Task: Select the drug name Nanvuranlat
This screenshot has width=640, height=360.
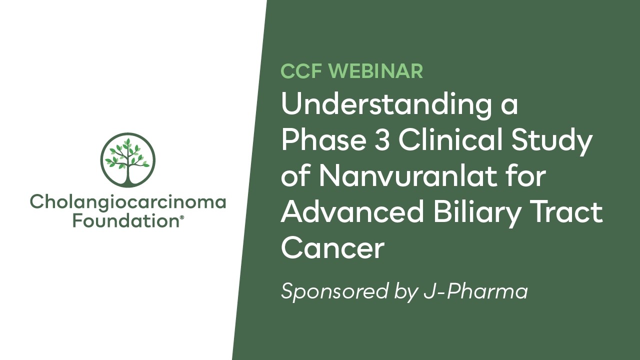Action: [411, 177]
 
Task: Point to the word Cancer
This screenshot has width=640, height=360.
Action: [332, 248]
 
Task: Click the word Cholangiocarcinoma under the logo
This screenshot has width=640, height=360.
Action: [128, 203]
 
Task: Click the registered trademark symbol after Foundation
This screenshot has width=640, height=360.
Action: [181, 217]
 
